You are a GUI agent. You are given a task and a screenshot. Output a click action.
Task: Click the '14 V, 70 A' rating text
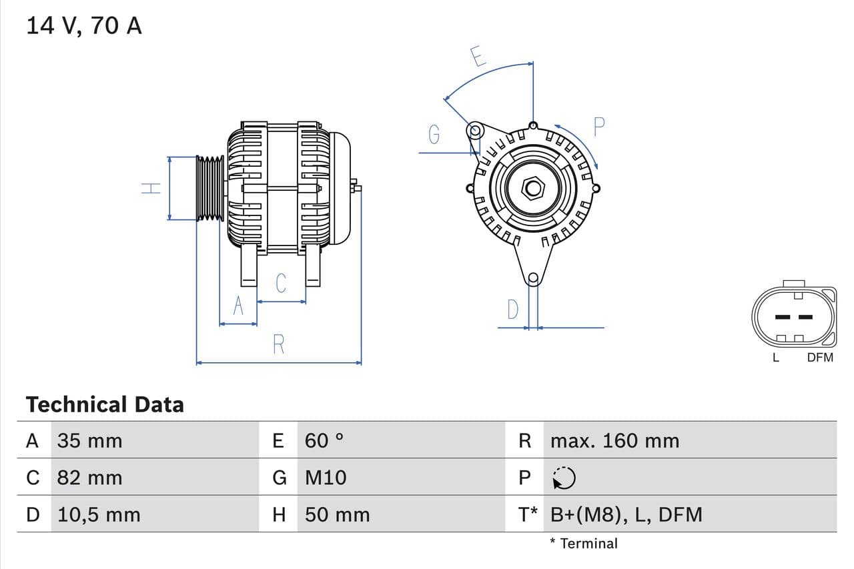83,26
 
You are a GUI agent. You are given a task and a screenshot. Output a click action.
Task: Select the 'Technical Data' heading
105,405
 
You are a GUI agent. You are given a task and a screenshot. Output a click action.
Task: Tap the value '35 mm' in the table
89,441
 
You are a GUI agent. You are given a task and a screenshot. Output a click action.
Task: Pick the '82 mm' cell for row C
89,478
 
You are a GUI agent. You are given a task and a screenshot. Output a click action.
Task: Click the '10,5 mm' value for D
99,515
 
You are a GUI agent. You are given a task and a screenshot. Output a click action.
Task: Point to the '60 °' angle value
324,441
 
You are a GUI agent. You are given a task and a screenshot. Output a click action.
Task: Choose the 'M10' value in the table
326,478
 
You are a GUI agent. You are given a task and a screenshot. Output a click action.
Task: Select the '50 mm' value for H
337,515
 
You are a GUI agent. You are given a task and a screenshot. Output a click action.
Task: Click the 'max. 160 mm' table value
614,441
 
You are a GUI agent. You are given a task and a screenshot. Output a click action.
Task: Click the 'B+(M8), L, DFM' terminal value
626,515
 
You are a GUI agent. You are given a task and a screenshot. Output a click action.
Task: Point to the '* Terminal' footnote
584,544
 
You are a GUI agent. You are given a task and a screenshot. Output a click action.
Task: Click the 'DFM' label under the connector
820,358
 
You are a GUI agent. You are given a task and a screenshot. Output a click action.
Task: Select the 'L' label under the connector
775,358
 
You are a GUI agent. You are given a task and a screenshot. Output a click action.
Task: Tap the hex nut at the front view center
532,187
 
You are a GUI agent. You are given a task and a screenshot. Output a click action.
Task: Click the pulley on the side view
210,188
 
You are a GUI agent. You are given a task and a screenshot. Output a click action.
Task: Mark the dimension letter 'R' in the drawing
279,344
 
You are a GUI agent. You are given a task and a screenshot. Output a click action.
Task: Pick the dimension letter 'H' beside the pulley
152,188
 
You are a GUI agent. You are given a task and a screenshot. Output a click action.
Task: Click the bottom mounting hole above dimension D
532,278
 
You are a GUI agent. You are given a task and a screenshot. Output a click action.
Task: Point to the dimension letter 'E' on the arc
477,57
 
